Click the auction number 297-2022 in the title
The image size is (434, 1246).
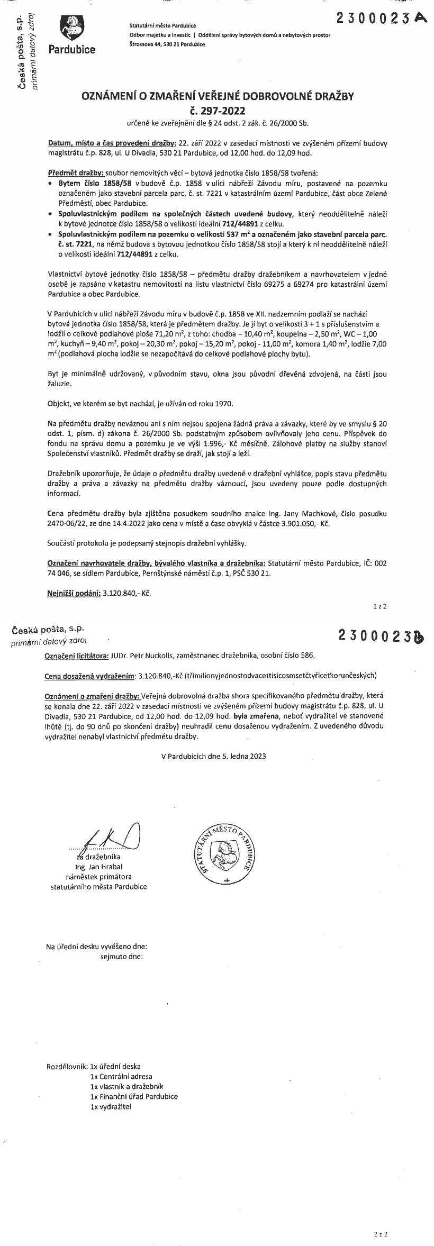[x=217, y=111]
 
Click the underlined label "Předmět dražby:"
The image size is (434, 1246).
[x=76, y=173]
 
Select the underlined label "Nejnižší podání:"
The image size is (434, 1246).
[x=74, y=593]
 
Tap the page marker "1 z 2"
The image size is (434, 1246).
[x=379, y=606]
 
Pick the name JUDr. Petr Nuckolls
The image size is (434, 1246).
[x=139, y=656]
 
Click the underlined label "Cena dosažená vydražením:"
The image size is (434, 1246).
[x=91, y=675]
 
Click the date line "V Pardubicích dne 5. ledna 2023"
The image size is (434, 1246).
[x=214, y=756]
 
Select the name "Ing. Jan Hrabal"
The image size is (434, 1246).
[x=98, y=866]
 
